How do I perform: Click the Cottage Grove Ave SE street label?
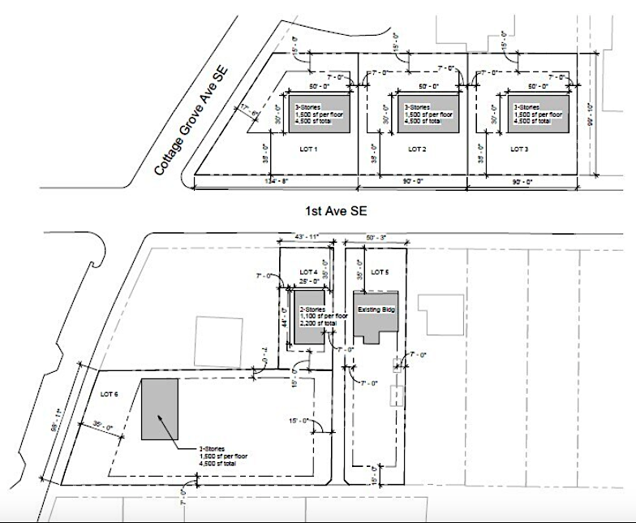(193, 121)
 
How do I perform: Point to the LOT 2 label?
(417, 149)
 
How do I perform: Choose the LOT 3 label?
(520, 149)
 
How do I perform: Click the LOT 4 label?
(309, 271)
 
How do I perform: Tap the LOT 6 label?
(108, 394)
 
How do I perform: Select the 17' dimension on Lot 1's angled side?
(244, 106)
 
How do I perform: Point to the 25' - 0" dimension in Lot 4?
(308, 281)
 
